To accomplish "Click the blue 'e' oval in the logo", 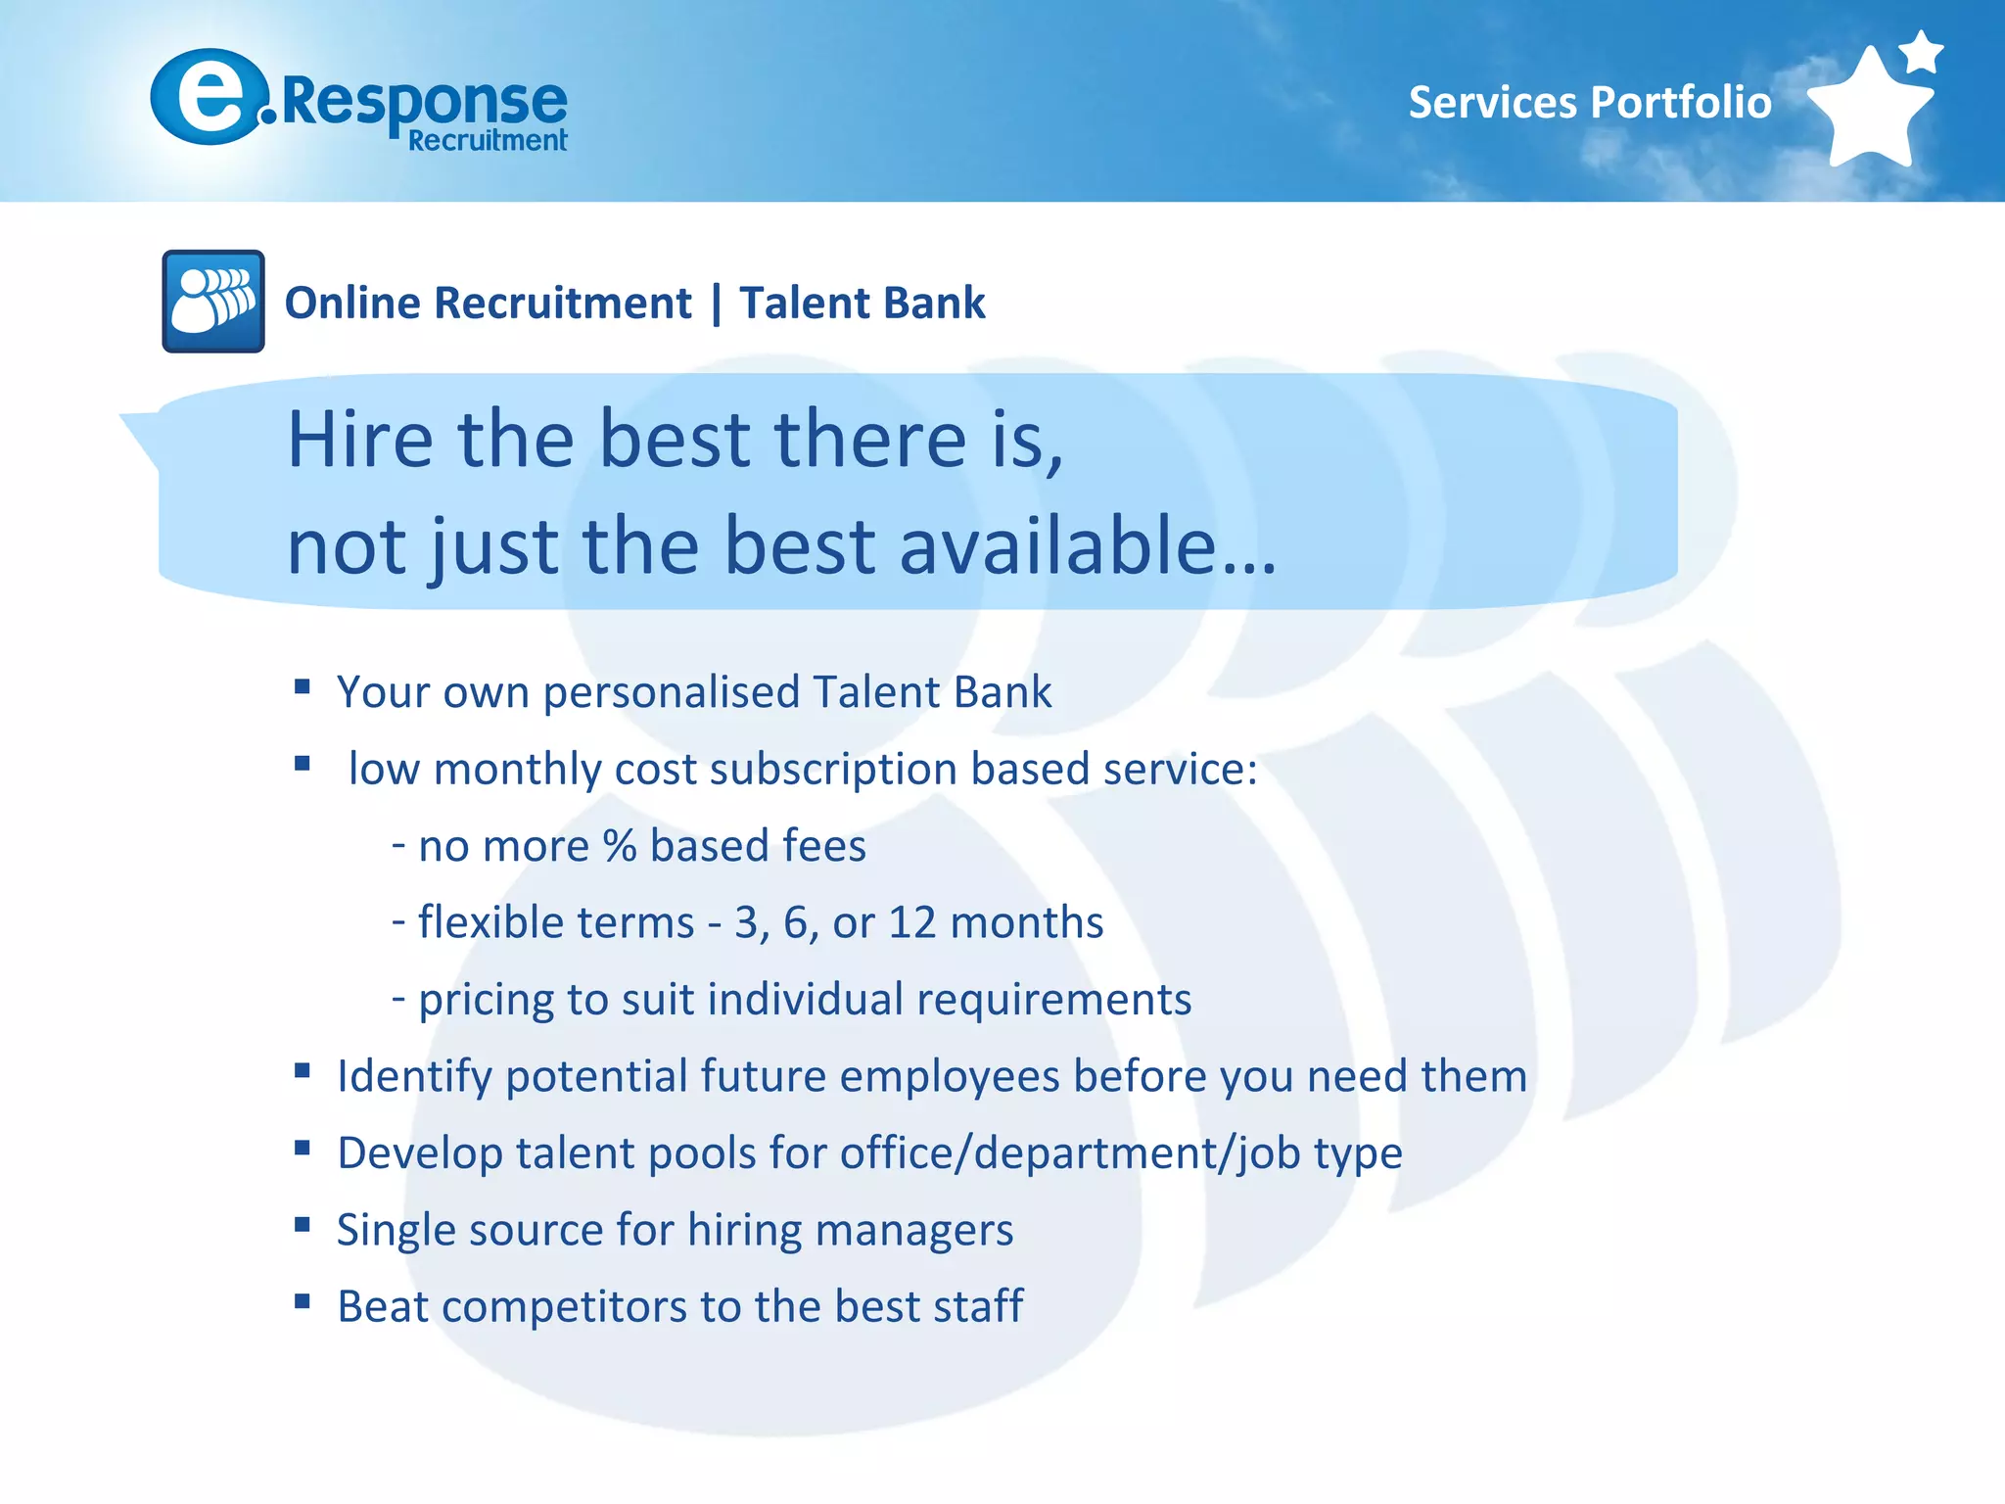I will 209,96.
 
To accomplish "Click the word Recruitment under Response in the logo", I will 488,141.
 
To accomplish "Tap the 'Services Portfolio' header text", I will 1589,102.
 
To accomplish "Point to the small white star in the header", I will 1922,51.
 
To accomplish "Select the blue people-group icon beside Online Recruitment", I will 213,302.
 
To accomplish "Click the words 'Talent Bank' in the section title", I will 862,303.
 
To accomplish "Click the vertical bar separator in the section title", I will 717,303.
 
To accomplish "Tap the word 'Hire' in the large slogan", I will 359,440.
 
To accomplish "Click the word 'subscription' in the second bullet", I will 832,770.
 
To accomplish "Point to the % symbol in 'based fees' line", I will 619,846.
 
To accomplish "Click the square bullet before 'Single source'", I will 303,1225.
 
